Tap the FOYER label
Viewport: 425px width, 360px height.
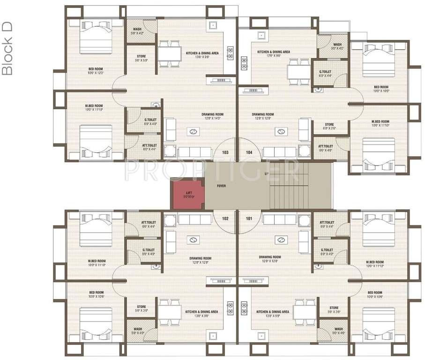tap(221, 186)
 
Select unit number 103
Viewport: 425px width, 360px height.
tap(225, 152)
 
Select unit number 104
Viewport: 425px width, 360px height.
tap(249, 152)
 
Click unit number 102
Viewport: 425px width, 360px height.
tap(225, 218)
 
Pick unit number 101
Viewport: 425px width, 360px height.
tap(249, 218)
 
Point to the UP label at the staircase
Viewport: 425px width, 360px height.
tap(267, 174)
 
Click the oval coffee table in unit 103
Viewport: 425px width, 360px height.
tap(193, 131)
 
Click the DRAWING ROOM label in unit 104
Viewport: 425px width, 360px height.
tap(262, 114)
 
